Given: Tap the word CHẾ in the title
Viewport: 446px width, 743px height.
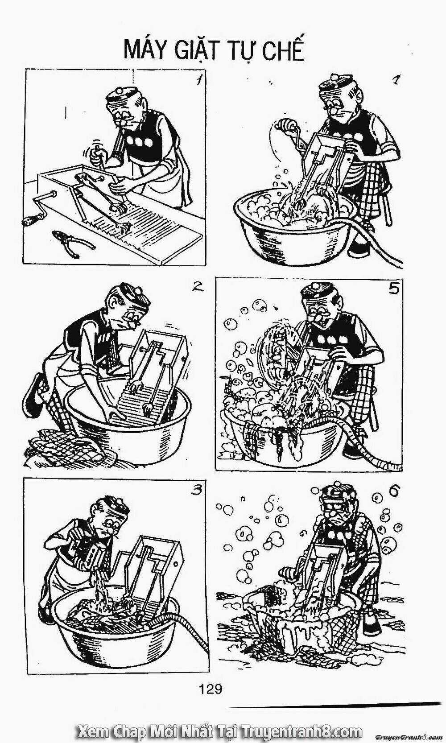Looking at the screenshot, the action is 284,50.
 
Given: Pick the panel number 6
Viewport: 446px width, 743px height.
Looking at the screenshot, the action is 393,491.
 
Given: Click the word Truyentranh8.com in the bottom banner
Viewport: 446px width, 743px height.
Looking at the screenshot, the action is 302,731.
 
